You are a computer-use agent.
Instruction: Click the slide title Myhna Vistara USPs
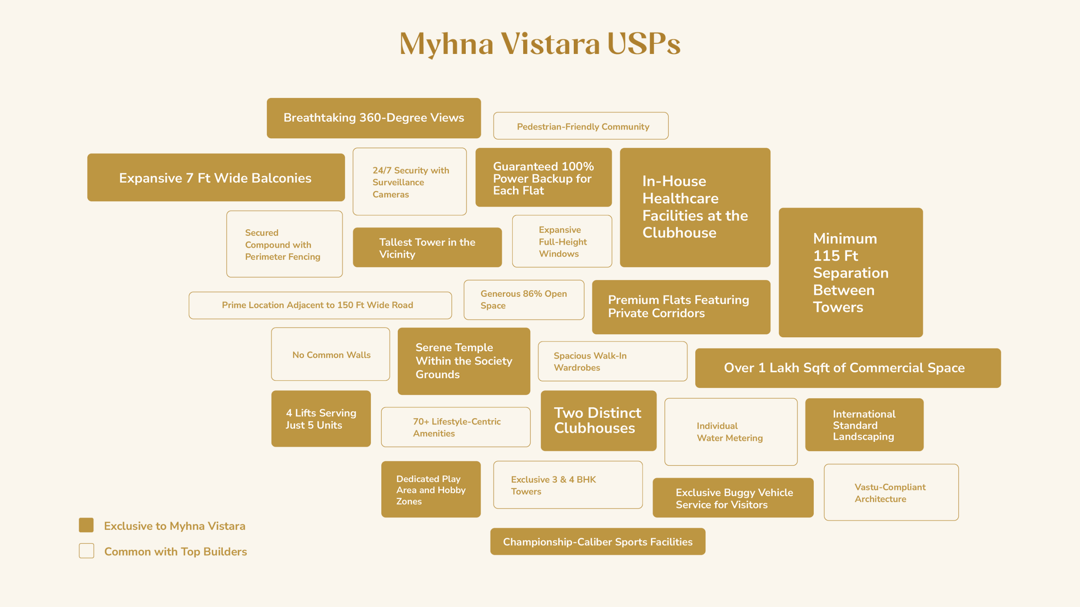pyautogui.click(x=540, y=44)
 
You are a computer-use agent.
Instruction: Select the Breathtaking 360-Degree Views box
pyautogui.click(x=374, y=118)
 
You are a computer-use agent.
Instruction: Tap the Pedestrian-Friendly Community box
pyautogui.click(x=580, y=126)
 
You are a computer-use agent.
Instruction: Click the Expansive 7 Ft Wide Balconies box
pyautogui.click(x=216, y=177)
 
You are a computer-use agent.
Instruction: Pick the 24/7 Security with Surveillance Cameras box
pyautogui.click(x=409, y=182)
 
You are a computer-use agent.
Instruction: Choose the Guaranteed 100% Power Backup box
pyautogui.click(x=543, y=177)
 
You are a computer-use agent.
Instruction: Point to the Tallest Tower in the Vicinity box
pyautogui.click(x=427, y=247)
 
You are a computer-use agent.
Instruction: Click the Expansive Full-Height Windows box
pyautogui.click(x=562, y=242)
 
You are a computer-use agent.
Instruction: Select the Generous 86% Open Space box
pyautogui.click(x=524, y=300)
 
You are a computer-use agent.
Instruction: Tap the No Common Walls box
pyautogui.click(x=330, y=355)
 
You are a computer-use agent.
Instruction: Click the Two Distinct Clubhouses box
pyautogui.click(x=598, y=420)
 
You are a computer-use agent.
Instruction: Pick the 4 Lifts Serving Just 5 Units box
pyautogui.click(x=321, y=419)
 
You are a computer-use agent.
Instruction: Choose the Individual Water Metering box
pyautogui.click(x=730, y=432)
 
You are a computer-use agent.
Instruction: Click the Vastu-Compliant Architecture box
pyautogui.click(x=891, y=492)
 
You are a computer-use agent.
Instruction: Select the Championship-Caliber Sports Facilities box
pyautogui.click(x=597, y=542)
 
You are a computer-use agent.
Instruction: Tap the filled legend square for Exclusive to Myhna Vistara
pyautogui.click(x=86, y=525)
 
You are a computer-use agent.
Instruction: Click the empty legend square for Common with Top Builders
pyautogui.click(x=86, y=551)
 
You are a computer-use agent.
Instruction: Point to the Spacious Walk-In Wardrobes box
pyautogui.click(x=612, y=361)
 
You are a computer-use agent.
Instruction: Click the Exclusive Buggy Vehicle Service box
pyautogui.click(x=733, y=498)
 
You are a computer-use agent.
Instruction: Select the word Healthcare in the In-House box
pyautogui.click(x=680, y=199)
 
